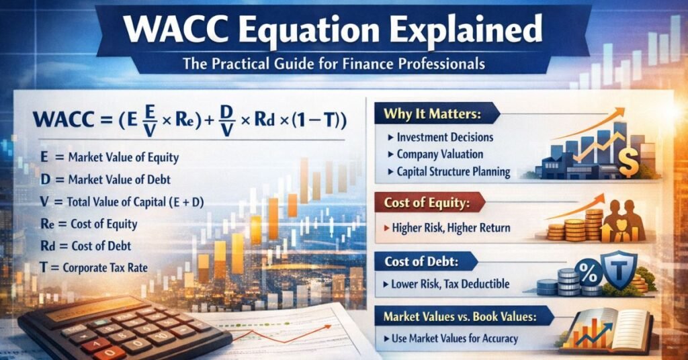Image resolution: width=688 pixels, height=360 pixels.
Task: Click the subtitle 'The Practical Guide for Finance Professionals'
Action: coord(343,66)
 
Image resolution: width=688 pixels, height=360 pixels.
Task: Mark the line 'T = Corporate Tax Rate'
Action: coord(94,268)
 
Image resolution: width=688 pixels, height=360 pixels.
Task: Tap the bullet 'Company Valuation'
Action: coord(440,154)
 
